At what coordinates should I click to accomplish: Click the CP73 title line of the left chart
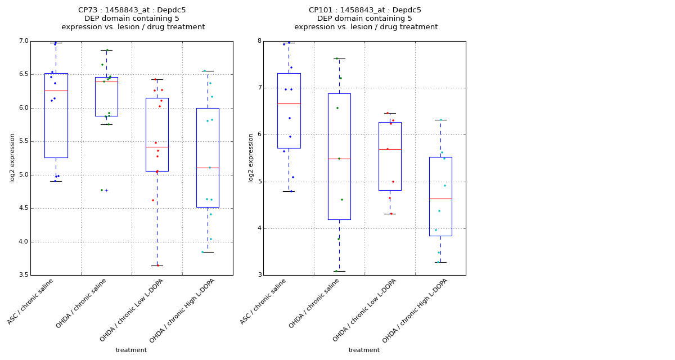click(132, 10)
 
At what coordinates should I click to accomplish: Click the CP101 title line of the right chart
click(365, 10)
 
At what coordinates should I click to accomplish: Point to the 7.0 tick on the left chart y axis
click(24, 41)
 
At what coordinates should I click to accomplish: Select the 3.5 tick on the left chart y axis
click(24, 275)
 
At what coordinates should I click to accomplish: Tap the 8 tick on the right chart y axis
click(259, 41)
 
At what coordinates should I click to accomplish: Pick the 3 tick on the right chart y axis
click(259, 275)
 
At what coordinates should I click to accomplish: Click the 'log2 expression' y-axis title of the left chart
click(12, 157)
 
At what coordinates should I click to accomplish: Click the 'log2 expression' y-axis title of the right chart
click(251, 157)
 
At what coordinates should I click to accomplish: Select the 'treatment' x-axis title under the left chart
click(131, 350)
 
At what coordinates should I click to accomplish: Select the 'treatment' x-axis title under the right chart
click(364, 350)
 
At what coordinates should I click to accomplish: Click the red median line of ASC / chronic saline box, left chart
click(56, 91)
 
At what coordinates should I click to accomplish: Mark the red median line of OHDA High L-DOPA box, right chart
click(440, 199)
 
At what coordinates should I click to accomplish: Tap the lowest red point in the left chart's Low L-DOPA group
click(157, 265)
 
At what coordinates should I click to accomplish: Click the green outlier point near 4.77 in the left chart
click(102, 190)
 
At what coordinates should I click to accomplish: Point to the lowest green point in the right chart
click(336, 271)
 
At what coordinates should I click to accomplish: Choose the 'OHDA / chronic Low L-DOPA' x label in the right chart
click(364, 310)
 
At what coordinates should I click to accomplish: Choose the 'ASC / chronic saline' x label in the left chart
click(31, 302)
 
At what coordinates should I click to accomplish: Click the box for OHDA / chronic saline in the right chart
click(339, 156)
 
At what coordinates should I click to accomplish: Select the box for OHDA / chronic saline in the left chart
click(106, 97)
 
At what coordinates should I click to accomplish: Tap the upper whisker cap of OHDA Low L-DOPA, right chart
click(390, 113)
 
